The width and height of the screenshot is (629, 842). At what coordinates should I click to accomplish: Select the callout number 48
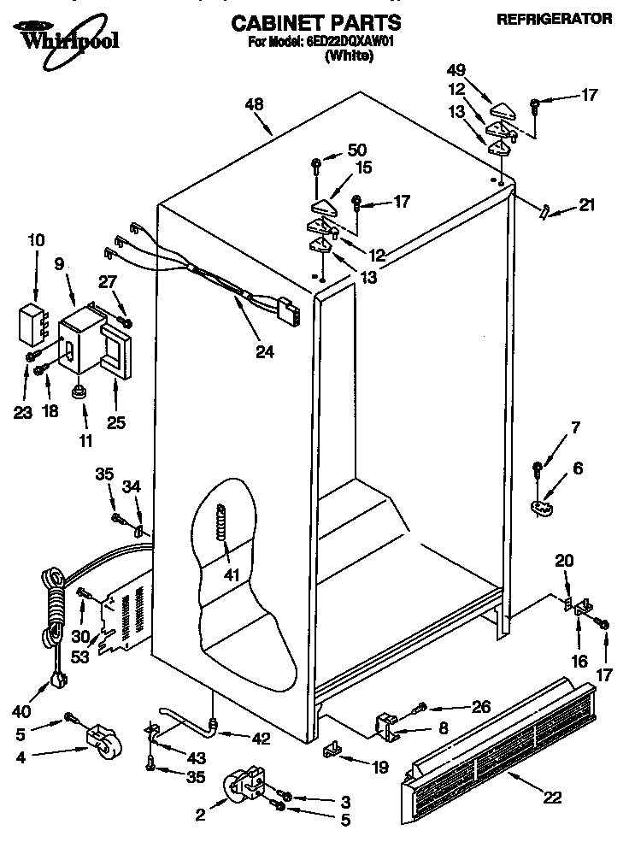[255, 104]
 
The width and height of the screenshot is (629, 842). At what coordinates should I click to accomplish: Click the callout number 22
[555, 798]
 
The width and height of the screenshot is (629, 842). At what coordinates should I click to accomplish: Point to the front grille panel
[504, 744]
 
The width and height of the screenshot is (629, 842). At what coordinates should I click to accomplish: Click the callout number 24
[265, 350]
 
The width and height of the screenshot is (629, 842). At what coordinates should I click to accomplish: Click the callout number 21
[586, 204]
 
